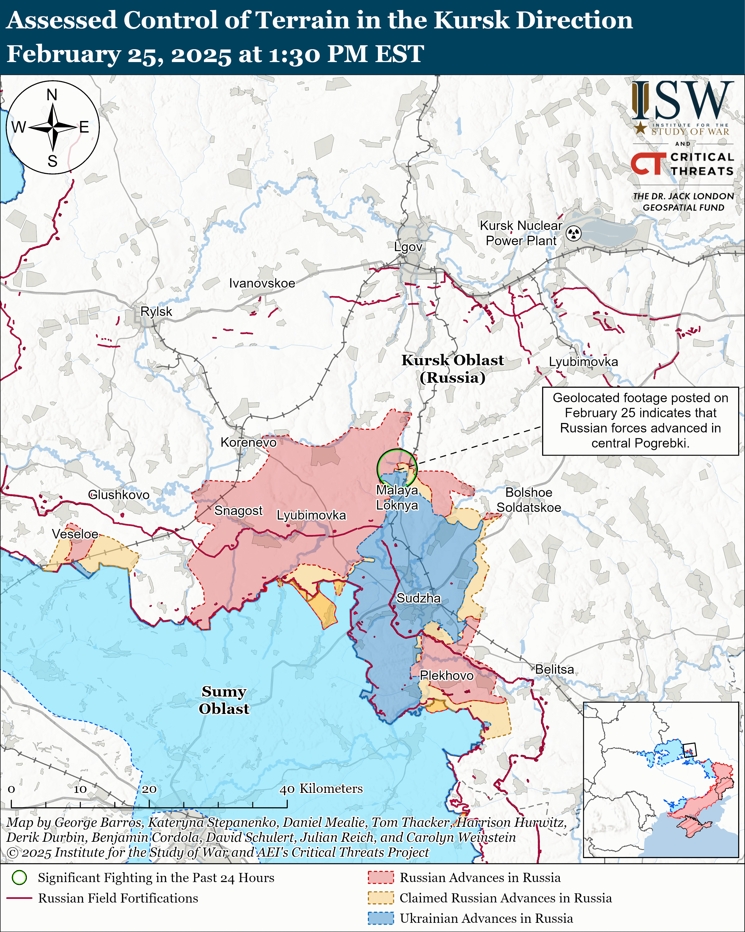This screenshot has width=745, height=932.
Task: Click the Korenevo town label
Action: tap(248, 442)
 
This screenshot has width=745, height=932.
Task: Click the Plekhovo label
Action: tap(446, 675)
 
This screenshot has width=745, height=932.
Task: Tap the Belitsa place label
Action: tap(554, 669)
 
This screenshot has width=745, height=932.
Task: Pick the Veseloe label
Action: tap(75, 534)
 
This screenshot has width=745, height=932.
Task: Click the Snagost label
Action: tap(238, 511)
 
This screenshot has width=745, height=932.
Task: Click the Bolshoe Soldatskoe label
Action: tap(529, 500)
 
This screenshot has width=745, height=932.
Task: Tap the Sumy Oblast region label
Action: tap(224, 700)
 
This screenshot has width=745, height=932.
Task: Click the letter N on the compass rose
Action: tap(52, 95)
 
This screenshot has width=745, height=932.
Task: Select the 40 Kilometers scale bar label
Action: tap(321, 788)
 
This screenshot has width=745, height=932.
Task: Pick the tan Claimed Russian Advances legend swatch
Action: tap(381, 898)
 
